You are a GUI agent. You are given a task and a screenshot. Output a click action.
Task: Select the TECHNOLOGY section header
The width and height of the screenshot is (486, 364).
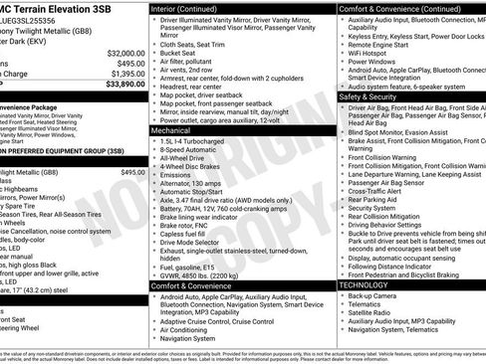(x=364, y=284)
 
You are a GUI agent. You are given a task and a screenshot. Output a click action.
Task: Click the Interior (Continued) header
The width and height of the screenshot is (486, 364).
(x=190, y=7)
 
